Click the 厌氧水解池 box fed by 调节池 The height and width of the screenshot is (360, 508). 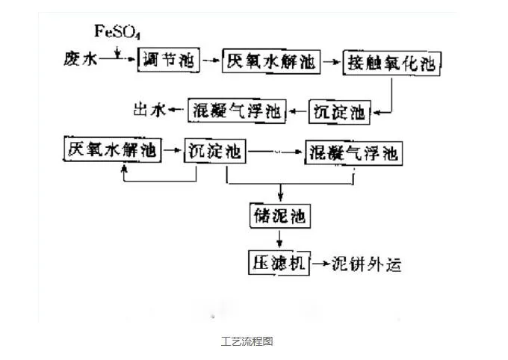pyautogui.click(x=271, y=60)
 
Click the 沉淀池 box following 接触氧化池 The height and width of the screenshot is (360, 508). pyautogui.click(x=339, y=112)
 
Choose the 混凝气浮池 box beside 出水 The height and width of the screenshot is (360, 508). pyautogui.click(x=236, y=111)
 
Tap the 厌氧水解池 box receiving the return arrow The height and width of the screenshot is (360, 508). pyautogui.click(x=111, y=150)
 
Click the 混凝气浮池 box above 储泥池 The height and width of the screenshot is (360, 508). pyautogui.click(x=354, y=155)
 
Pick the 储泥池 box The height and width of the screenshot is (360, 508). pyautogui.click(x=279, y=217)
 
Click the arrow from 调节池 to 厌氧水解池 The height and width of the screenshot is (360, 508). pyautogui.click(x=212, y=59)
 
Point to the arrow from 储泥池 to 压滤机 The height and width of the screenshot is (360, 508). pyautogui.click(x=279, y=239)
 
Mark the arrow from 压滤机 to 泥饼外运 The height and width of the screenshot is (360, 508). pyautogui.click(x=320, y=264)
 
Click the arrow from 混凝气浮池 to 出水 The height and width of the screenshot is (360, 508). pyautogui.click(x=177, y=111)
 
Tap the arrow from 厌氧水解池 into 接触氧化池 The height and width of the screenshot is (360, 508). pyautogui.click(x=331, y=61)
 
